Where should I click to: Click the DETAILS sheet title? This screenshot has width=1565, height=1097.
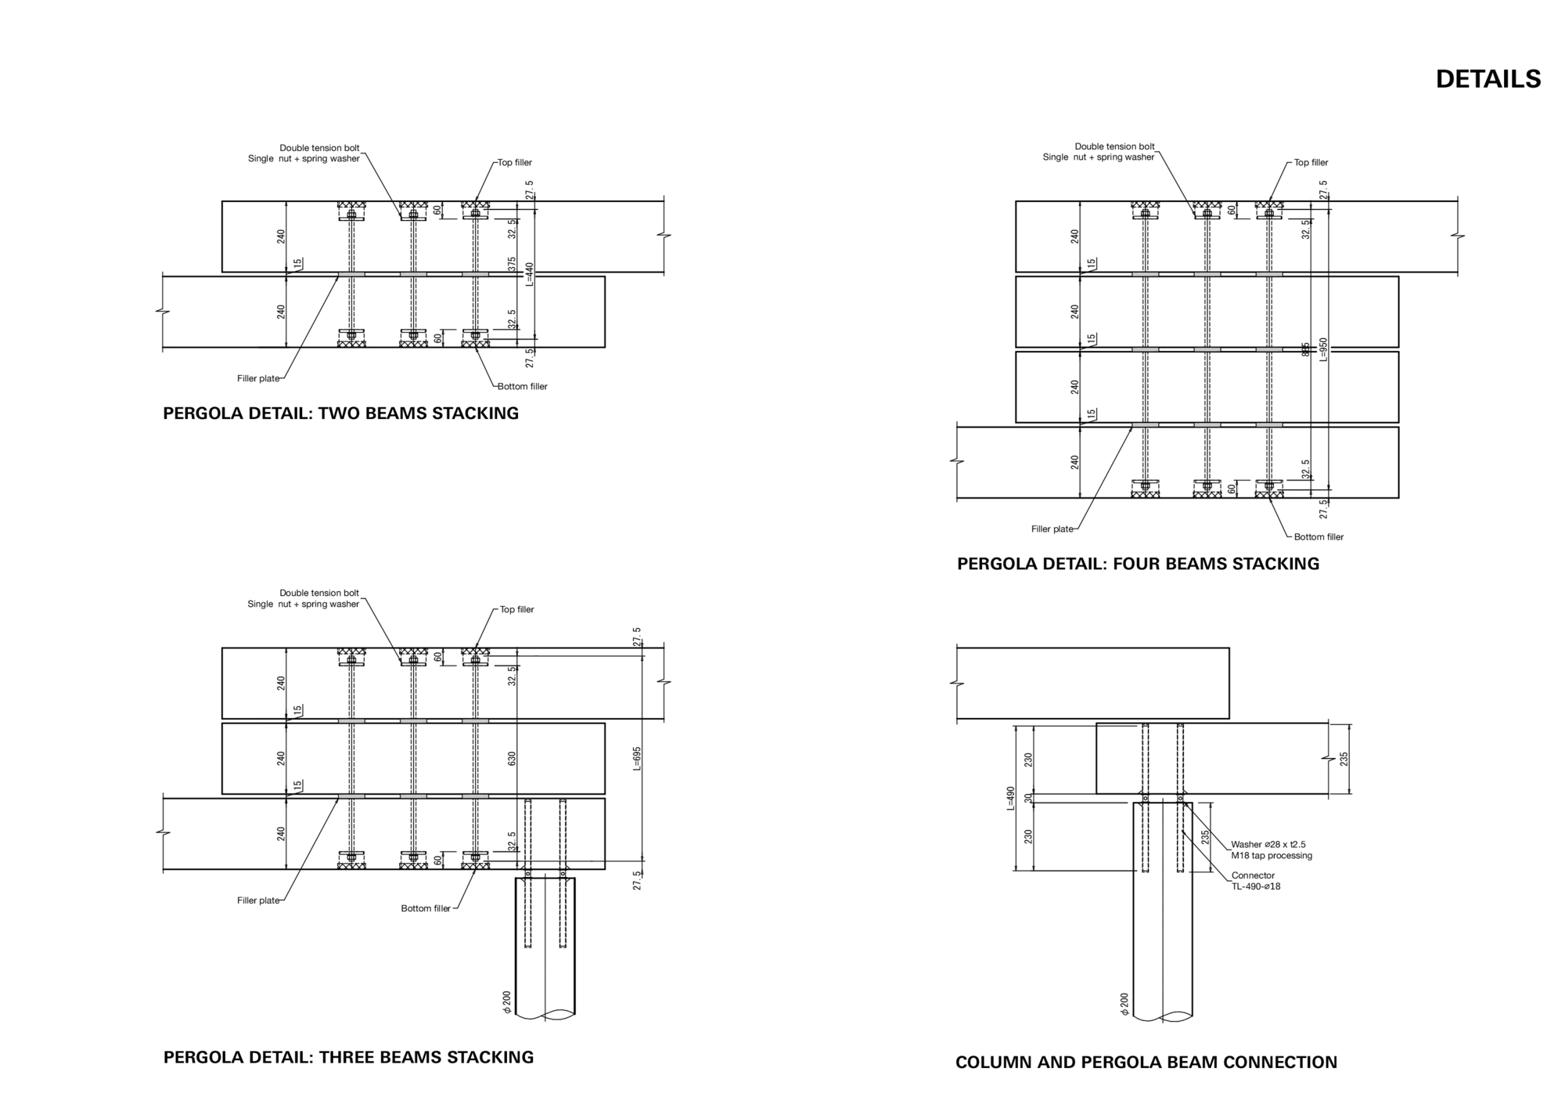(x=1488, y=79)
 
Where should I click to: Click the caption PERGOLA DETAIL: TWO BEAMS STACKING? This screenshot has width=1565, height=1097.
(x=340, y=413)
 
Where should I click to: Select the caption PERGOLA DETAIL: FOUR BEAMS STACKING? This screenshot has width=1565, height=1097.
(x=1138, y=564)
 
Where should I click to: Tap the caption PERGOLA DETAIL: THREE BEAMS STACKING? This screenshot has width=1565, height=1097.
(x=348, y=1057)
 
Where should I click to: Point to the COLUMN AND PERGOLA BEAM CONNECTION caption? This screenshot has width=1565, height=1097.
(x=1146, y=1063)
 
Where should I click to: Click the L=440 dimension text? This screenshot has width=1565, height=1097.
(x=529, y=274)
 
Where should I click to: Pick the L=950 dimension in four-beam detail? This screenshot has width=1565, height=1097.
(x=1323, y=349)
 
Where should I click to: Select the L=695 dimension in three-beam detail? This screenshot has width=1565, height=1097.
(x=637, y=759)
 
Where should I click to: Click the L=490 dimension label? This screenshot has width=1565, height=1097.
(x=1010, y=798)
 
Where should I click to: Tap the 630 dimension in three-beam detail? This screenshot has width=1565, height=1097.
(x=513, y=759)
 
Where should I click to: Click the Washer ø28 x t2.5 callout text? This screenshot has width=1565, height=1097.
(x=1268, y=844)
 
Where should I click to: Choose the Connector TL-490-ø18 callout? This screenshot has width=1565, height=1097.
(x=1255, y=881)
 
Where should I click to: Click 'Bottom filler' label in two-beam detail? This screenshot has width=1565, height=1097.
(x=523, y=386)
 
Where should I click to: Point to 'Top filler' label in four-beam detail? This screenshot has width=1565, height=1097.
(x=1311, y=163)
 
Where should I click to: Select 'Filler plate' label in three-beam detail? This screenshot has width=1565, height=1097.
(x=258, y=900)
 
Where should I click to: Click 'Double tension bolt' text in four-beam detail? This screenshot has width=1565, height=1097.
(x=1114, y=146)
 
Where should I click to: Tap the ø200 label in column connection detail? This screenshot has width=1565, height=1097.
(x=1124, y=1005)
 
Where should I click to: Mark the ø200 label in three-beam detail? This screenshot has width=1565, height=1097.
(x=507, y=1003)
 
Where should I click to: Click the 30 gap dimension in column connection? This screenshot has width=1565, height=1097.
(x=1028, y=799)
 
